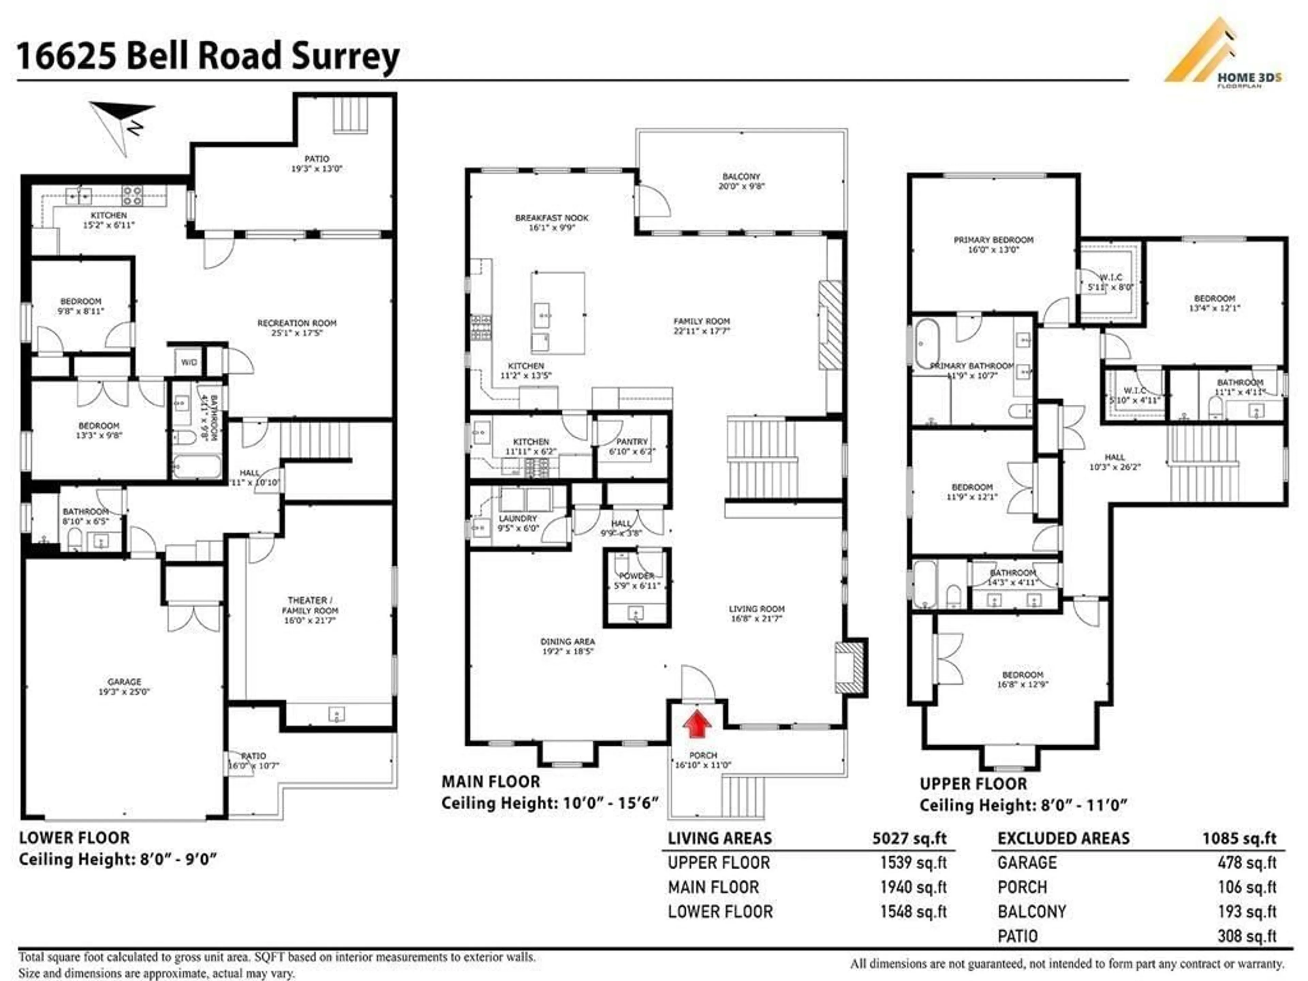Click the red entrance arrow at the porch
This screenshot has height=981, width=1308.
(x=698, y=725)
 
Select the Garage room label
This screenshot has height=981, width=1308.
(x=124, y=686)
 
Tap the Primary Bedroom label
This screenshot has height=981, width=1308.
(x=993, y=244)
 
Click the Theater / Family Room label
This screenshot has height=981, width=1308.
(x=310, y=610)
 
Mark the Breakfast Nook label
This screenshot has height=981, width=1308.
(x=552, y=222)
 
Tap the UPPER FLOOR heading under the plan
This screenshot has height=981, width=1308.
(x=973, y=784)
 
